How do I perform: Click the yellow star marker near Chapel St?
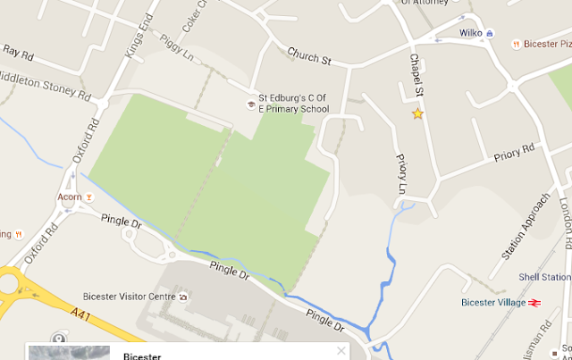click(x=416, y=113)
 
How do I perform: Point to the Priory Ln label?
click(x=400, y=173)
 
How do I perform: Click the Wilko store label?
click(x=470, y=33)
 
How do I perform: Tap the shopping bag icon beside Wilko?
click(x=490, y=33)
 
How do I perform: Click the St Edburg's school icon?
click(x=251, y=105)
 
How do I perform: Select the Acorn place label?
click(x=67, y=197)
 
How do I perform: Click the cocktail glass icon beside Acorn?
click(x=88, y=197)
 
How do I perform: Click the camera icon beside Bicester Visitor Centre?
click(x=183, y=296)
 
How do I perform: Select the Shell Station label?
click(x=544, y=278)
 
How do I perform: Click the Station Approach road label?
click(x=523, y=227)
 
